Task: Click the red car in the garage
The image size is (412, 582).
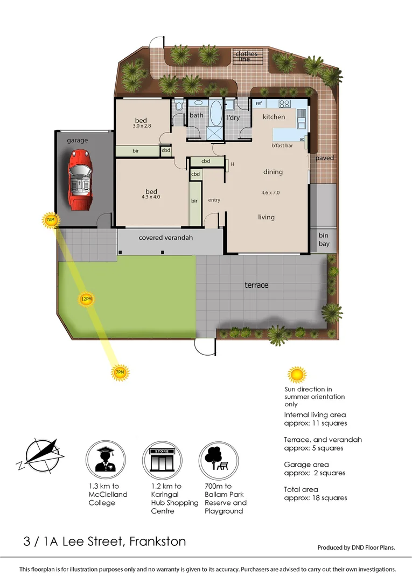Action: tap(80, 181)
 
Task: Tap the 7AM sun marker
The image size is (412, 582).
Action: tap(50, 220)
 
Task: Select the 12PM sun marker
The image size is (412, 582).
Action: tap(86, 300)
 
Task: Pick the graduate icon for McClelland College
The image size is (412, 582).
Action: tap(106, 458)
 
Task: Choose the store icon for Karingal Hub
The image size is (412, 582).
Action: tap(162, 458)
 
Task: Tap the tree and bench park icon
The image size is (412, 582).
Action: tap(218, 458)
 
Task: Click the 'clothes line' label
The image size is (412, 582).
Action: tap(246, 56)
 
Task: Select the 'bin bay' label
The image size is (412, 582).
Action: tap(324, 240)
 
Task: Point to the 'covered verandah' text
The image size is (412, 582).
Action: tap(165, 237)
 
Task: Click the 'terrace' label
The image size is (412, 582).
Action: tap(256, 285)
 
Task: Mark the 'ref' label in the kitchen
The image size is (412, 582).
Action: tap(259, 103)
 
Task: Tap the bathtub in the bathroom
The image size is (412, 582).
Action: tap(215, 113)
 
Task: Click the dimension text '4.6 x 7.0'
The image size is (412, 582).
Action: tap(270, 192)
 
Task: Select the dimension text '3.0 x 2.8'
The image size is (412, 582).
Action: tap(142, 126)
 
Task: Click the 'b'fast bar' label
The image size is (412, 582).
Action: tap(282, 145)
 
